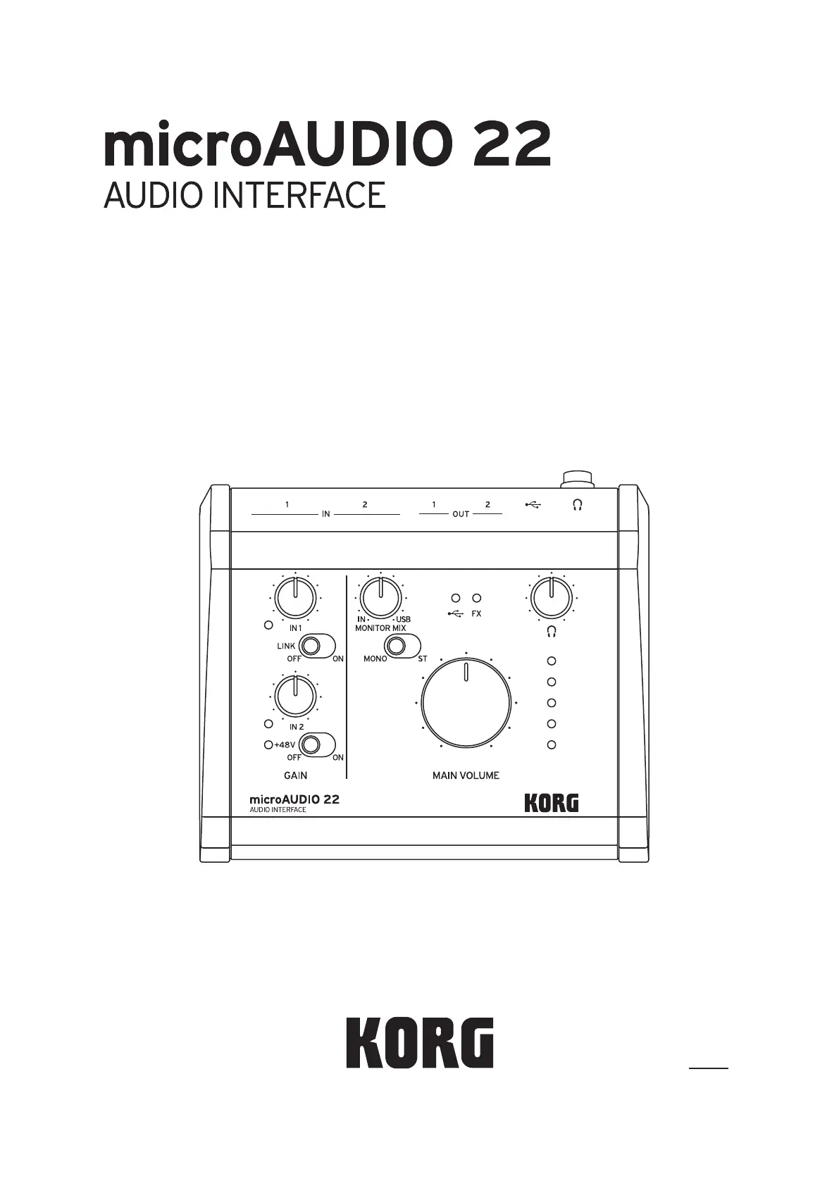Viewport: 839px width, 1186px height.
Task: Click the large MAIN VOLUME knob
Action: [x=466, y=703]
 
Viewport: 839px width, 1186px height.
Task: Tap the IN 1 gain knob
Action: [x=296, y=598]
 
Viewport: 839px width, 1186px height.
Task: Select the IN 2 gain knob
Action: [x=296, y=695]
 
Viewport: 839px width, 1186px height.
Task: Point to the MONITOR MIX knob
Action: [x=380, y=597]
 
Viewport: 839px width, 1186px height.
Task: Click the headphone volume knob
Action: [x=551, y=597]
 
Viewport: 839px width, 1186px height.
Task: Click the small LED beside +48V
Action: [x=268, y=744]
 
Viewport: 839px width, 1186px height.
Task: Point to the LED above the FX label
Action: [x=477, y=598]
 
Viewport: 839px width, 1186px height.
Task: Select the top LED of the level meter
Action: [x=552, y=661]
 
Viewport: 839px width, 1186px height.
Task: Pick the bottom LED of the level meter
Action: [x=552, y=745]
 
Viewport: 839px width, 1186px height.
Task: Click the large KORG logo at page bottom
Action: [x=420, y=1042]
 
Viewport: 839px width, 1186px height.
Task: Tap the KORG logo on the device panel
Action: [x=551, y=803]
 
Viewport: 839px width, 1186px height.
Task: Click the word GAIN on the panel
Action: [x=295, y=775]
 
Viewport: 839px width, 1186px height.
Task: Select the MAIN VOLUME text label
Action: [x=466, y=775]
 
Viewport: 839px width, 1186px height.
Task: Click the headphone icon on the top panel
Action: [x=577, y=505]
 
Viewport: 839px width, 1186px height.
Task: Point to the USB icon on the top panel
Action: [x=533, y=505]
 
